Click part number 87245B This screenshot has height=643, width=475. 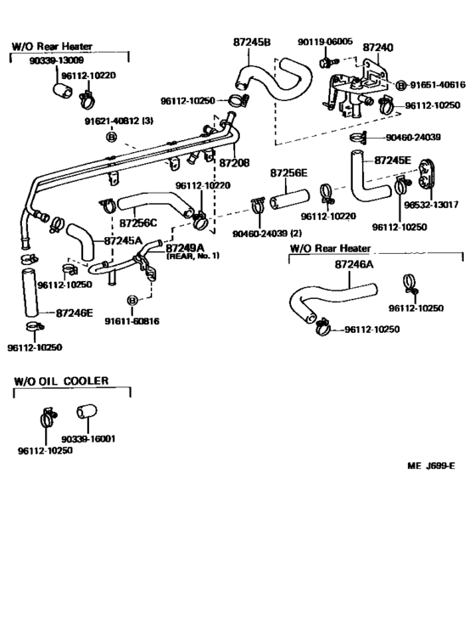tap(251, 42)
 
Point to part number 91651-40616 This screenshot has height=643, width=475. tap(438, 85)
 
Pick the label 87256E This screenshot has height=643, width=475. tap(289, 172)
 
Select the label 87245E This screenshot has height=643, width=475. tap(392, 160)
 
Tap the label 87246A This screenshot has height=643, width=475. tap(355, 265)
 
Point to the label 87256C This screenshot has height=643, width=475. tap(137, 223)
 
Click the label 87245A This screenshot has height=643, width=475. tap(123, 241)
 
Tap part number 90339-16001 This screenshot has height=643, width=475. tap(87, 439)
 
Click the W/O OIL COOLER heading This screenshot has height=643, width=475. tap(61, 381)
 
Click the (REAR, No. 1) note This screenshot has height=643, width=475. tap(193, 256)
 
